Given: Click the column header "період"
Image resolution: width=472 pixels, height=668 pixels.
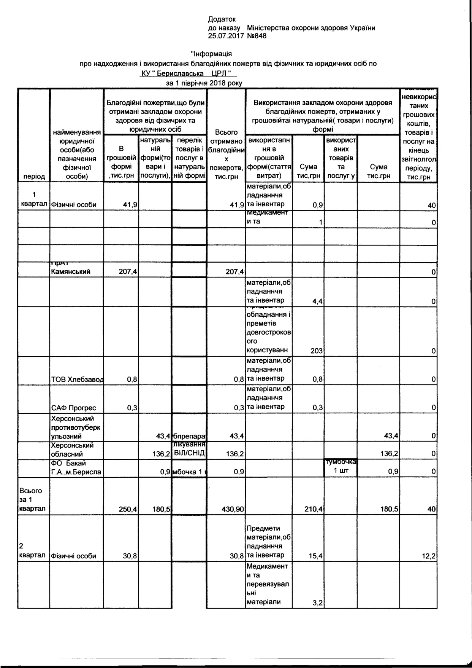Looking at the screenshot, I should [34, 176].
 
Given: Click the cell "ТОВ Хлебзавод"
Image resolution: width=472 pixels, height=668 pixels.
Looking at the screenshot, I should [77, 379].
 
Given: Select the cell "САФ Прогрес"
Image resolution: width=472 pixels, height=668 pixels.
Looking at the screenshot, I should [74, 408].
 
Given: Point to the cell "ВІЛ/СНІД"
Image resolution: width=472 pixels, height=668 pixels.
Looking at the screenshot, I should [189, 453].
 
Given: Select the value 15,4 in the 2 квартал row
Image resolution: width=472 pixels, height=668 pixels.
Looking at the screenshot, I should [316, 556].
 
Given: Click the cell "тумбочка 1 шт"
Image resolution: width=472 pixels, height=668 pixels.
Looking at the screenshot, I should [341, 467].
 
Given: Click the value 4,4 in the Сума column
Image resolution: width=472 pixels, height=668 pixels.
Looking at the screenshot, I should [318, 301].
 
